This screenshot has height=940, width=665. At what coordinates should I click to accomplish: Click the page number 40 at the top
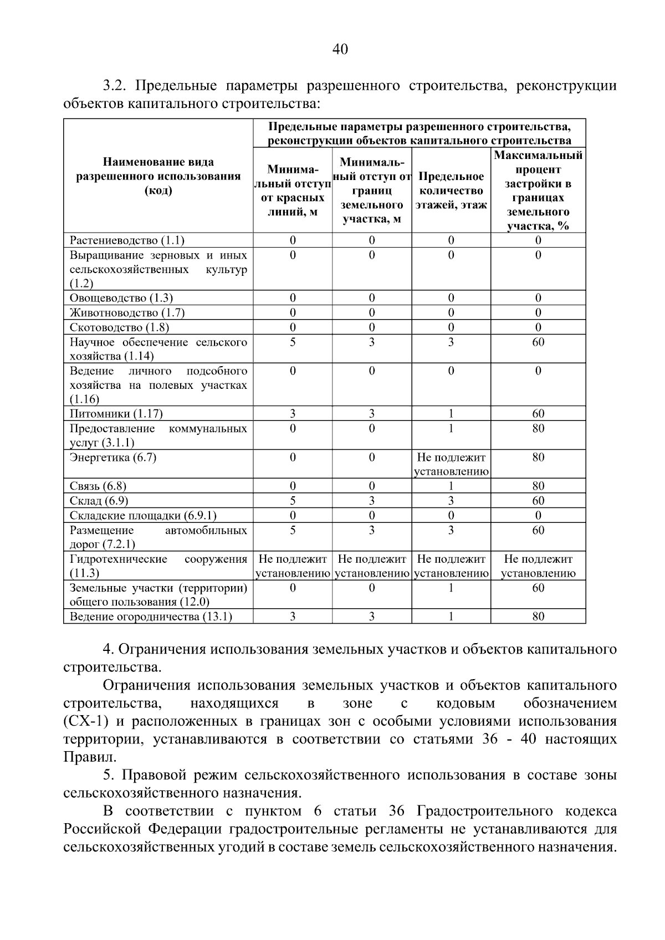(x=340, y=50)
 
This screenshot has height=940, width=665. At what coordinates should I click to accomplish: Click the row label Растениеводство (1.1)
(x=127, y=240)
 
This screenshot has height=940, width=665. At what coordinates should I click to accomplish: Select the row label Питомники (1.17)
(x=116, y=414)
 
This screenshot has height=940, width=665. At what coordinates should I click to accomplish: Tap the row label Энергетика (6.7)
(x=113, y=458)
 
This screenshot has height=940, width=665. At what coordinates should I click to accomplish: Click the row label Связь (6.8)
(x=98, y=486)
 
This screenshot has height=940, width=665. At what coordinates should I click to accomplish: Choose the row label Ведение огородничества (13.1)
(x=151, y=617)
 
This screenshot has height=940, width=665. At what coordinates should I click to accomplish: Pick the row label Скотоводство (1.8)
(x=119, y=327)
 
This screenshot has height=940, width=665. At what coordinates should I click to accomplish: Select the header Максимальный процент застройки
(x=538, y=191)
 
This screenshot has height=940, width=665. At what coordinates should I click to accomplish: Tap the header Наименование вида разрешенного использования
(x=158, y=177)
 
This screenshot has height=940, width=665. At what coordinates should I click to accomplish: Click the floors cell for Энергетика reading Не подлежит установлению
(x=451, y=464)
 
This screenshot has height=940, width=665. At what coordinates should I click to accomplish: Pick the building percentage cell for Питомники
(x=538, y=414)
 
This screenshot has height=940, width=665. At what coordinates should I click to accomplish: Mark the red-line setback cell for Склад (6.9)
(x=293, y=501)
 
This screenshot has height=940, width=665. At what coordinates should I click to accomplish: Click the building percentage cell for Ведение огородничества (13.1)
(x=538, y=617)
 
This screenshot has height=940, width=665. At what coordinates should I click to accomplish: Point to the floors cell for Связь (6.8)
(x=451, y=486)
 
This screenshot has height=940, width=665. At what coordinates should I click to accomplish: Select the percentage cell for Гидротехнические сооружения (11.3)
(x=538, y=566)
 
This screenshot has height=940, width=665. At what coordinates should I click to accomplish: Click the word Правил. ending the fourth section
(x=90, y=757)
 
